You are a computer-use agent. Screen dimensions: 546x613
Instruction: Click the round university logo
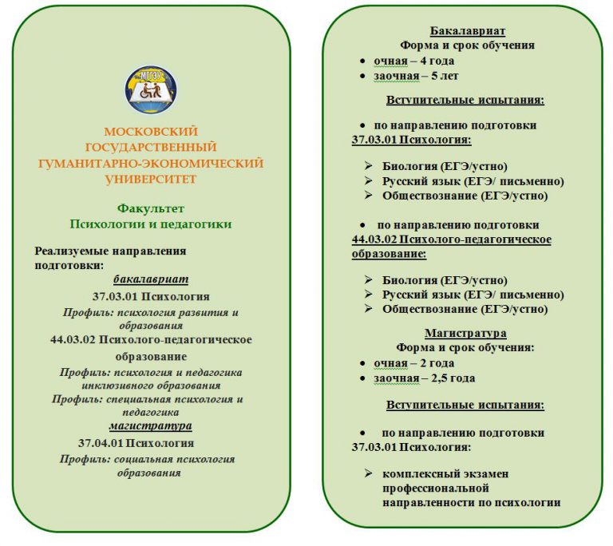click(151, 89)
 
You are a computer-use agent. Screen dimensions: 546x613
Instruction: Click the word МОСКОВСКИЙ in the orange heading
click(151, 132)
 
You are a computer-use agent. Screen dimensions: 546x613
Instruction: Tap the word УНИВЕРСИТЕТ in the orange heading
click(151, 179)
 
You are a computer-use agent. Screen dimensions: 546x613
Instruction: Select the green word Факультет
click(151, 208)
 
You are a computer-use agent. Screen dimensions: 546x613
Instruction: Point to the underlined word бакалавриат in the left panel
click(151, 279)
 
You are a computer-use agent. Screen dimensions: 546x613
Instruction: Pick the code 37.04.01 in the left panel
click(101, 443)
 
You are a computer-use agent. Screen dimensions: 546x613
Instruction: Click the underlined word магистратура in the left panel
click(151, 425)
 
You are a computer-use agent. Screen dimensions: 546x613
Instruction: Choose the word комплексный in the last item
click(424, 473)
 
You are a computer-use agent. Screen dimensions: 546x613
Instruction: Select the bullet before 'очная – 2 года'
click(364, 363)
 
